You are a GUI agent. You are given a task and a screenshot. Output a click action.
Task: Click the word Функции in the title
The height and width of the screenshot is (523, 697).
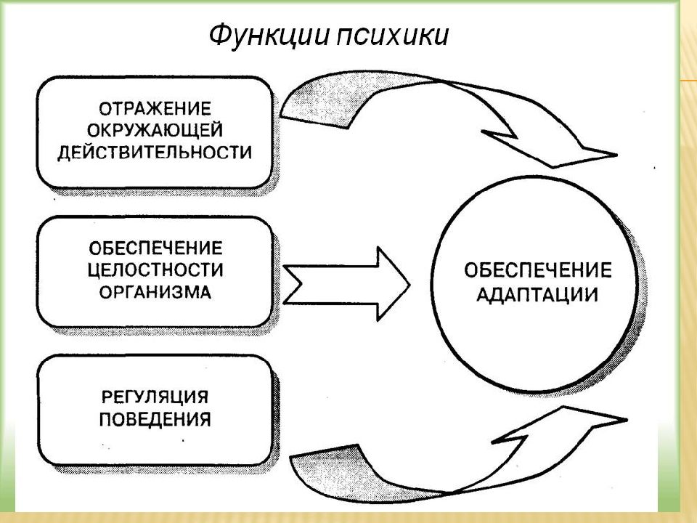pos(269,36)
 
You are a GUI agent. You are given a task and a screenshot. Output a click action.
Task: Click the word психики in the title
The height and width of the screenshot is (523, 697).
pos(392,36)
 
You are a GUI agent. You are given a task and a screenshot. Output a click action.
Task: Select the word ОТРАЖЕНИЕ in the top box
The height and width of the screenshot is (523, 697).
pos(155,109)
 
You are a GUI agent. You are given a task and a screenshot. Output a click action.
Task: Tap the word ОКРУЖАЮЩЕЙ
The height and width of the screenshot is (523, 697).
pos(155,131)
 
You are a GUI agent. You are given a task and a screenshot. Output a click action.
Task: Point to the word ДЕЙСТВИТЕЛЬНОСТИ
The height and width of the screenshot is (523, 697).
pos(155,153)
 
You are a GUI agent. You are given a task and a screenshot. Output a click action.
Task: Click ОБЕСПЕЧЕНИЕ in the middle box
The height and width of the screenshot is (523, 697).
pos(155,248)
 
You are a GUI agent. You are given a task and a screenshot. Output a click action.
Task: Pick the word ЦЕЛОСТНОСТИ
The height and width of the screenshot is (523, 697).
pos(155,270)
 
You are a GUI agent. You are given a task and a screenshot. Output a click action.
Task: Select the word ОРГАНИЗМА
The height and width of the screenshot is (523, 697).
pos(155,292)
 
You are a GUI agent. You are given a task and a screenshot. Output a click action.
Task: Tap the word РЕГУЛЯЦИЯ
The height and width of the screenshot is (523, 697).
pos(155,397)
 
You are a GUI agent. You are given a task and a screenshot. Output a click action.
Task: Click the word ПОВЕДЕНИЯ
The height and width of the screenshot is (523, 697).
pos(155,419)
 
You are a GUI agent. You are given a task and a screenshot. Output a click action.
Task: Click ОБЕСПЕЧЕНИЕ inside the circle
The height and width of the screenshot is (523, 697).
pos(538,270)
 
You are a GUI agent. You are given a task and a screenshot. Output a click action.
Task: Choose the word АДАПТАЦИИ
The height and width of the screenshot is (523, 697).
pos(537,295)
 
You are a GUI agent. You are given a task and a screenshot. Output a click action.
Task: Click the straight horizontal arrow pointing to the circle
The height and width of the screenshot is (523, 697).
pos(346,284)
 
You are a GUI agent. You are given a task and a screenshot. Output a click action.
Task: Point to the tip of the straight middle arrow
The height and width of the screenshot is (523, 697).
pos(409,284)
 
